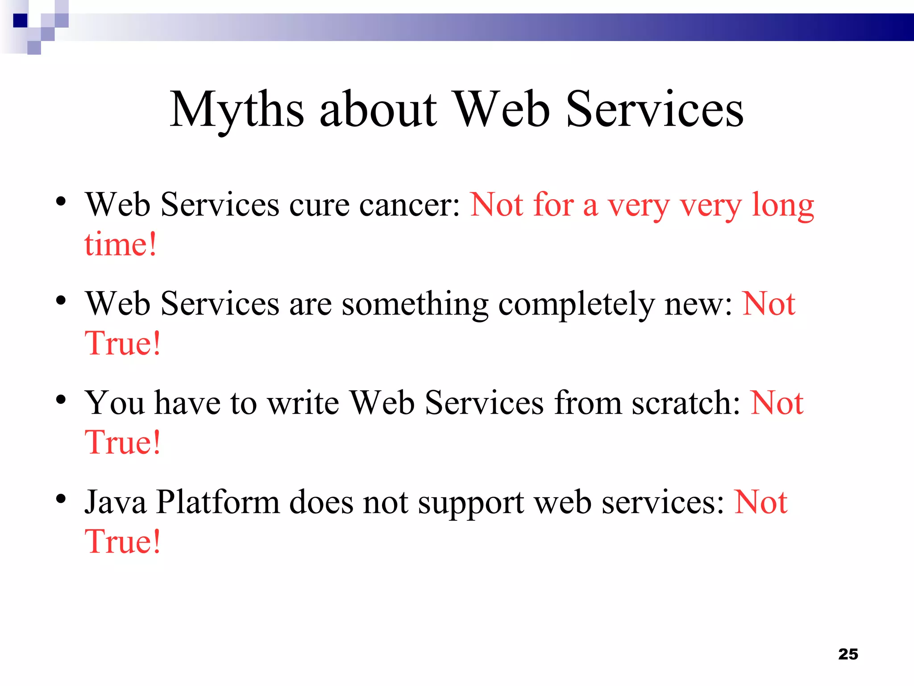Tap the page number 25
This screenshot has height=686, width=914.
click(x=848, y=654)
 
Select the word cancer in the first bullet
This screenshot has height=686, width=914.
click(x=409, y=205)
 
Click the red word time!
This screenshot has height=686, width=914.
click(x=120, y=245)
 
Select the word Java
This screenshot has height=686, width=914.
click(x=115, y=502)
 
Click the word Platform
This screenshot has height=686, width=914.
click(x=218, y=502)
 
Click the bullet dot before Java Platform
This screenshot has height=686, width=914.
click(x=61, y=498)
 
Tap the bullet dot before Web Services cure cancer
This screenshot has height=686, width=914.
click(x=61, y=201)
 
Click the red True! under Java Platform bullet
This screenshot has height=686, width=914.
click(x=122, y=542)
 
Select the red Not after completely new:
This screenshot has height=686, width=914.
click(x=769, y=304)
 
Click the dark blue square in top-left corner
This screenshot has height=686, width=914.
click(x=20, y=21)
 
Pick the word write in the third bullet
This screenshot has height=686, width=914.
click(x=303, y=403)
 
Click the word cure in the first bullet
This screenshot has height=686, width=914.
click(x=319, y=205)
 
